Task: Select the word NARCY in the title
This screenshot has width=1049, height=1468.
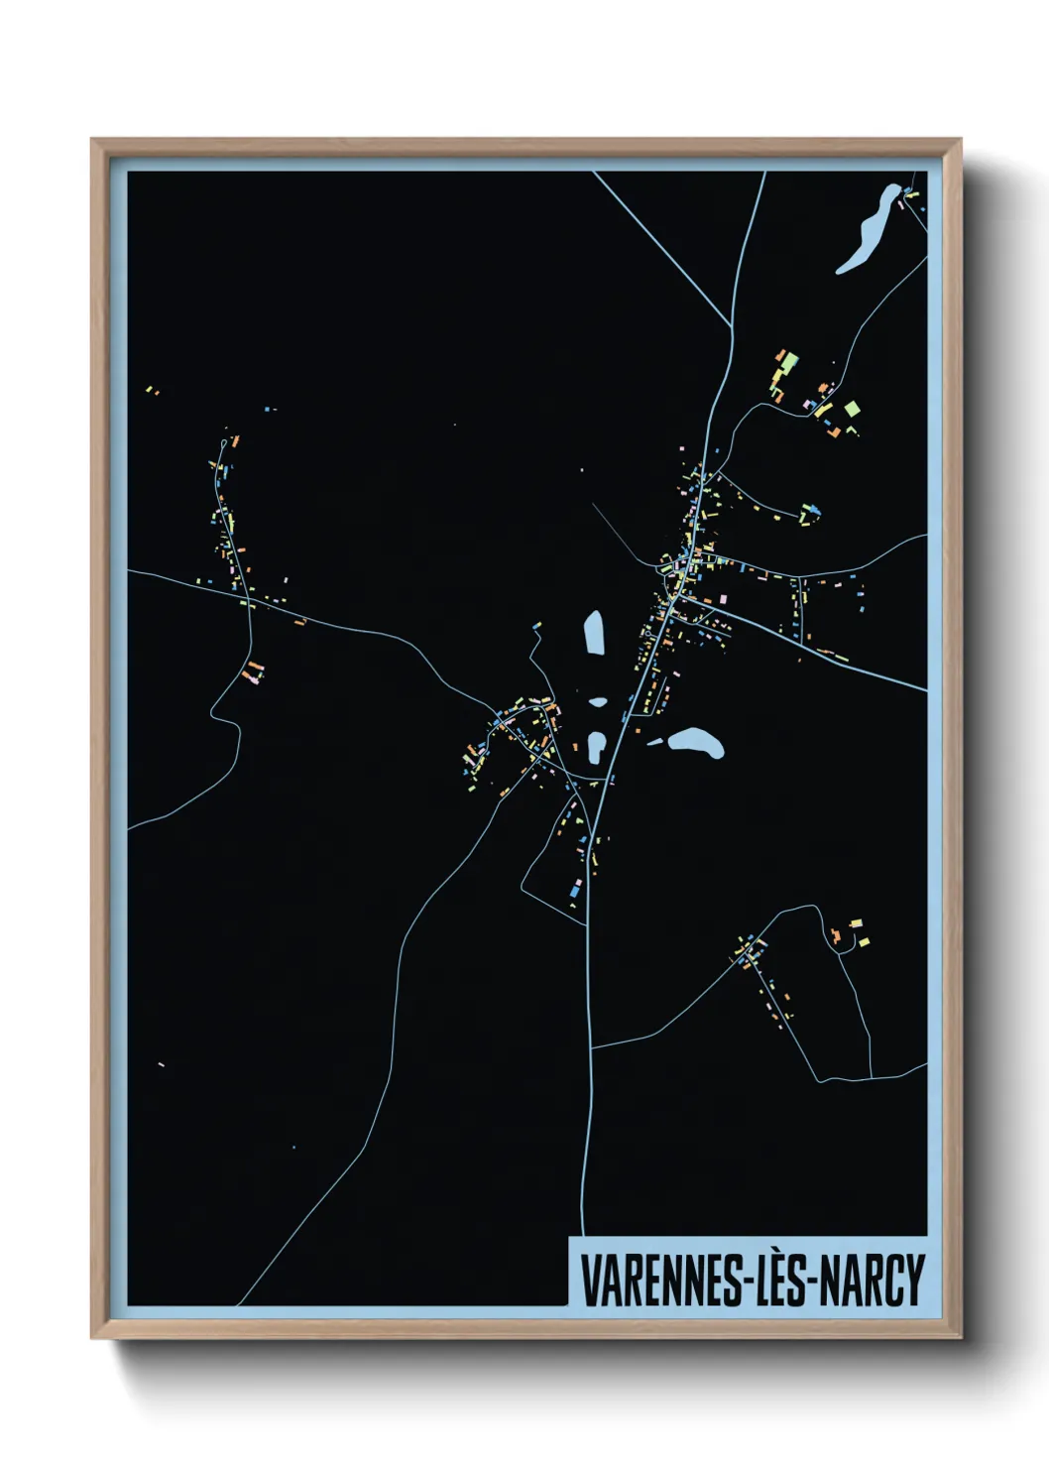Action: (875, 1281)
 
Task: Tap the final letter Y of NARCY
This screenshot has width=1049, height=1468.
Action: (914, 1281)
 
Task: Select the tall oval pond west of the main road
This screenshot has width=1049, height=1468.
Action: (594, 633)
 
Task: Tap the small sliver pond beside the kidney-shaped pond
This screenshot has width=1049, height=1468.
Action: (656, 740)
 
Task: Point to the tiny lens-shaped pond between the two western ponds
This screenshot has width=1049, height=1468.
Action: (597, 702)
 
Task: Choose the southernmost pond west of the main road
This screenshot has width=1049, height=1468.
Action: (596, 747)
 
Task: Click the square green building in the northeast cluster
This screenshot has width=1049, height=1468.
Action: (851, 408)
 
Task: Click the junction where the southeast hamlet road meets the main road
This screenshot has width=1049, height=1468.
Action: (591, 1046)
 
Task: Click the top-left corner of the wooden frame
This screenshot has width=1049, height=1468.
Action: (92, 140)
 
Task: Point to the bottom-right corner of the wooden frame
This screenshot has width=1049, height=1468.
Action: (960, 1337)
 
